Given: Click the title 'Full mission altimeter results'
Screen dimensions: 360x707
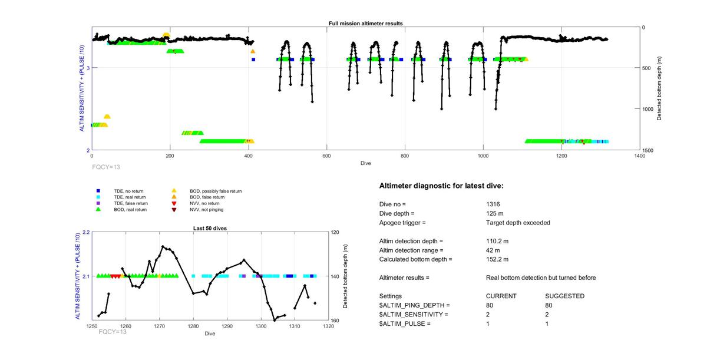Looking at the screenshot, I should (365, 24).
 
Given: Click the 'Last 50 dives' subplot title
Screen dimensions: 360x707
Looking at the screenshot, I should (210, 228).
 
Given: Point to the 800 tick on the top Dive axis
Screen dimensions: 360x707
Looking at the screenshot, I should (405, 156).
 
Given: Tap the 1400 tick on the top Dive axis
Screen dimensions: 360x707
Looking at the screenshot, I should (639, 156).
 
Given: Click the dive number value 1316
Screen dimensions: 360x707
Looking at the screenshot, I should (493, 204).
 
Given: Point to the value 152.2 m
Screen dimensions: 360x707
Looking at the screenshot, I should (497, 259).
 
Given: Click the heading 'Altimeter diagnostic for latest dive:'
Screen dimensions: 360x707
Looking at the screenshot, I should (441, 186).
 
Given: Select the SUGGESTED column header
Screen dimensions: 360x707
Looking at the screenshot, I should (565, 296).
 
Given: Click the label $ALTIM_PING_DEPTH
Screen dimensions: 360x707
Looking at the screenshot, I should (414, 305).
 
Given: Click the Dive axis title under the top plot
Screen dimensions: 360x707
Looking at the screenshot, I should (365, 163).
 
